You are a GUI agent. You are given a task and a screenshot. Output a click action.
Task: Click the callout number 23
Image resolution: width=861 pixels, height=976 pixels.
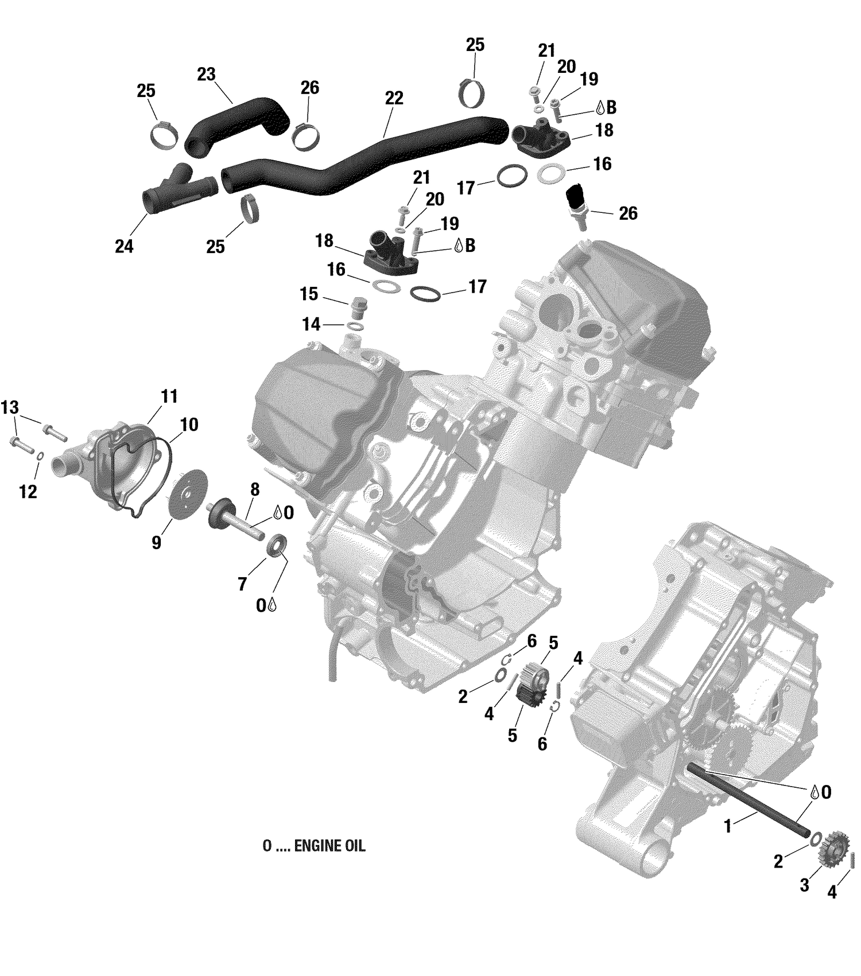pos(206,75)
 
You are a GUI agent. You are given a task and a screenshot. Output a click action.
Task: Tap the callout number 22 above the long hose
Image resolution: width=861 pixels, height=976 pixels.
pos(394,98)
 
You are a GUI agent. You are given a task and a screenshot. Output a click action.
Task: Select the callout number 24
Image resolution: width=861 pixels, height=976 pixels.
pos(124,246)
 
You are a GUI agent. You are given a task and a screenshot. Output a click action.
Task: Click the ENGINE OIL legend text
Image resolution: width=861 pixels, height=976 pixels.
pos(313,846)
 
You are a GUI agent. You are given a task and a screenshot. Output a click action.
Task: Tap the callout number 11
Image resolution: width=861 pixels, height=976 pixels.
pos(169,396)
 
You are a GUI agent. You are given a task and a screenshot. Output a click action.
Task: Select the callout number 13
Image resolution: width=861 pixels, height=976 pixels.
pos(10,408)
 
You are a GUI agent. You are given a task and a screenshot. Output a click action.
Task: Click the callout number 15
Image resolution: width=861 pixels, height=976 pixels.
pos(309,294)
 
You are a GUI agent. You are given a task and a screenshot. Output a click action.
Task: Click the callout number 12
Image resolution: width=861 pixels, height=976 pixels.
pos(28,492)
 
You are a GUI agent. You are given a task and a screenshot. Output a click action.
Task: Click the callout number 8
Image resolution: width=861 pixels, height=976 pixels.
pos(255,489)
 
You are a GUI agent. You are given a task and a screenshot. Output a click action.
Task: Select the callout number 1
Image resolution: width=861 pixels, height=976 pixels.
pos(728,827)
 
